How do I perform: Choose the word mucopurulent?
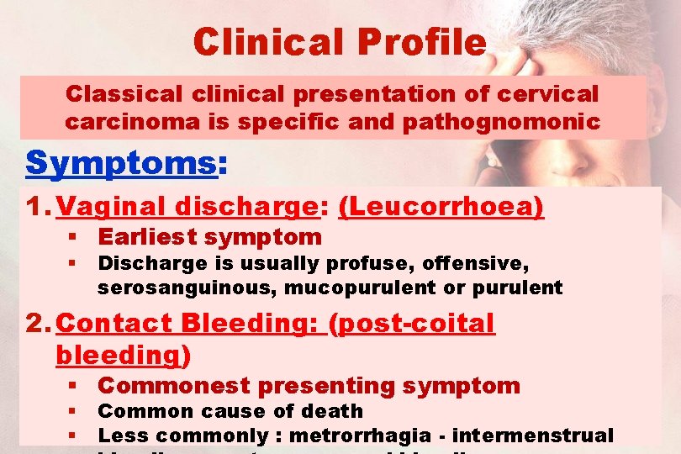[x=367, y=288]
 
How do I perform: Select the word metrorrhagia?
[x=367, y=436]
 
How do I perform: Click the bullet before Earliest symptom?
[x=75, y=238]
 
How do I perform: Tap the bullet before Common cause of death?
[x=75, y=412]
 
